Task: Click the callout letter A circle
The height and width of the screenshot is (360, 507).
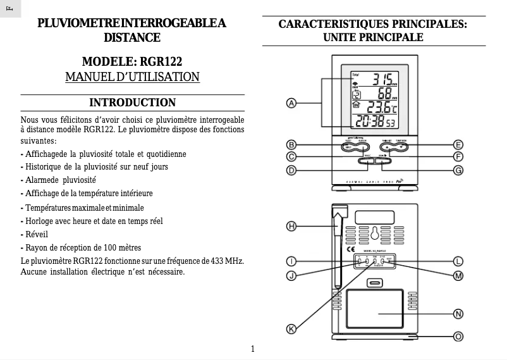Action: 292,103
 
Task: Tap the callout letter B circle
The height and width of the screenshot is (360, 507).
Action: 292,145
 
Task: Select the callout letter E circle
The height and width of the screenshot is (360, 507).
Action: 458,145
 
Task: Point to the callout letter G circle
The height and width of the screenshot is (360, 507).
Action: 458,170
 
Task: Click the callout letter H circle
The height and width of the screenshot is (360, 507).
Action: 292,226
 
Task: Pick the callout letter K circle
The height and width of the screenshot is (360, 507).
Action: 292,328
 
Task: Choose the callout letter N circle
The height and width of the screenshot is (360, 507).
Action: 458,314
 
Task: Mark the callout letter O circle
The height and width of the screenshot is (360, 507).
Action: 458,337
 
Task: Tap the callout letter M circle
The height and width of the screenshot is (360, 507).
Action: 458,276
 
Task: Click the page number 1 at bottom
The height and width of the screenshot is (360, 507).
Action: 253,349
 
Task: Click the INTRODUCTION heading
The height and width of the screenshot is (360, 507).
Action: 132,102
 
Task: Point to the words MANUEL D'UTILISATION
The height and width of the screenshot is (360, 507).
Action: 132,77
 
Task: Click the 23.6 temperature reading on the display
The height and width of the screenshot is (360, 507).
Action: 379,108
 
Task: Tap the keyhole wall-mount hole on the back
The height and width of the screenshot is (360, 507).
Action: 374,233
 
